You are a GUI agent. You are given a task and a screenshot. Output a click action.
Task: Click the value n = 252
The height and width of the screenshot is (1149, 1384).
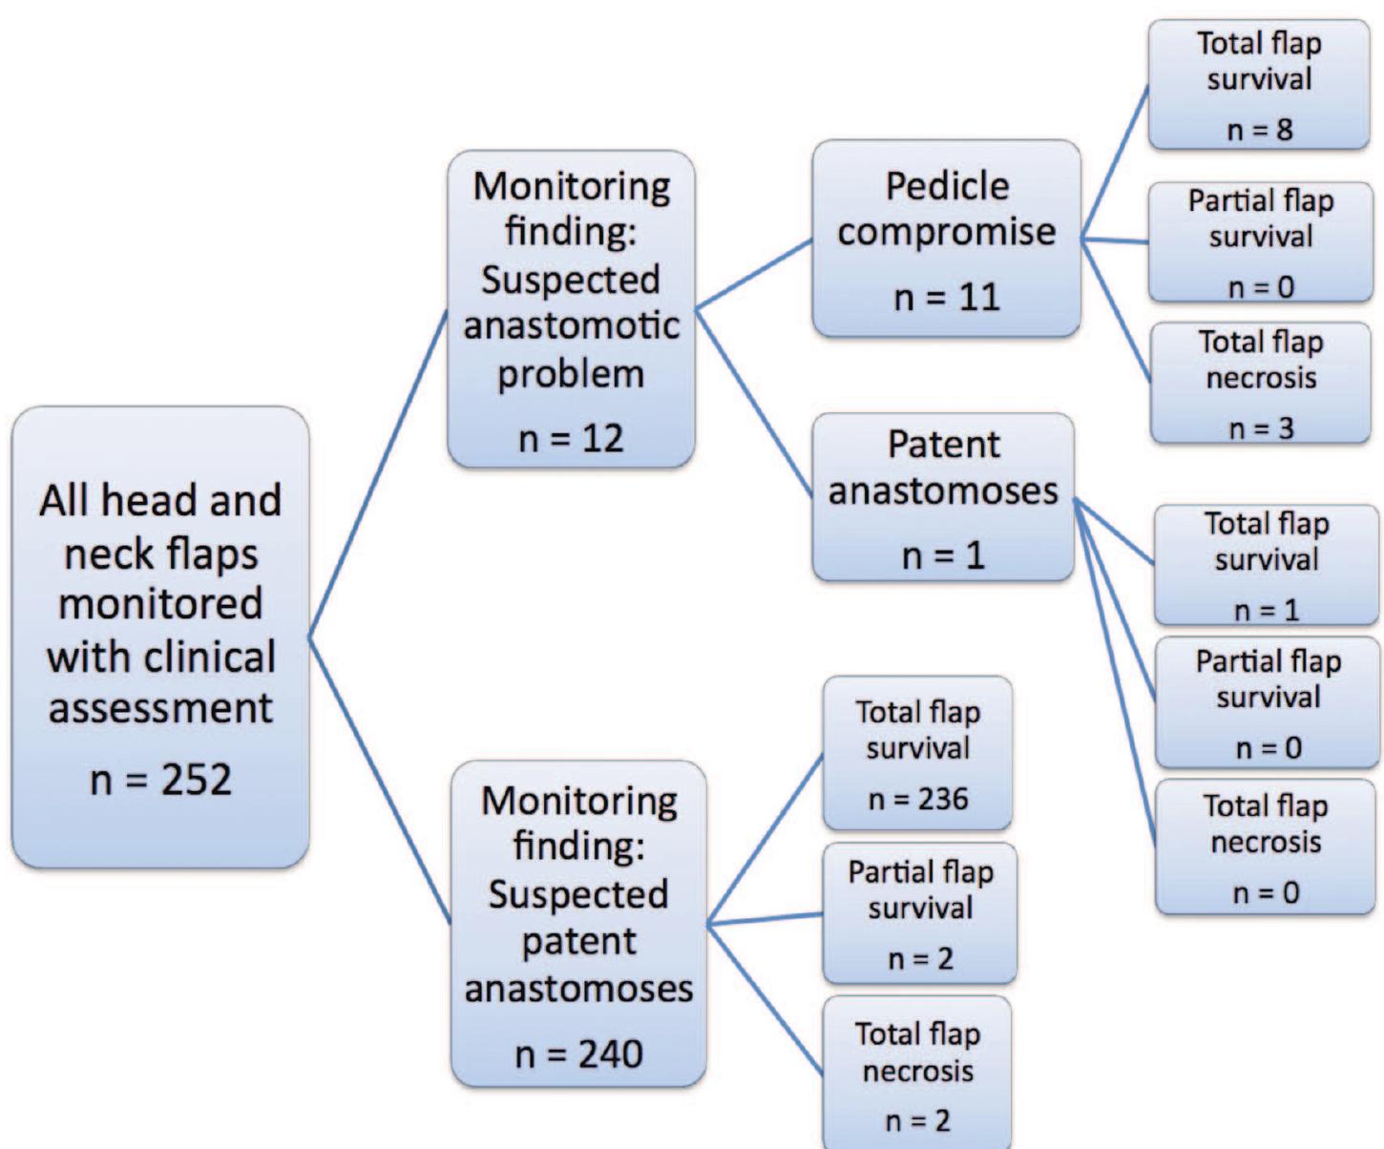tap(160, 780)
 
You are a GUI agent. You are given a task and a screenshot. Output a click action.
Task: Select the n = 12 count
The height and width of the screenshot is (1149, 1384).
tap(570, 438)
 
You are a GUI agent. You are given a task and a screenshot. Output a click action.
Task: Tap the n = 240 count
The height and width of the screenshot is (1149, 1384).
tap(577, 1054)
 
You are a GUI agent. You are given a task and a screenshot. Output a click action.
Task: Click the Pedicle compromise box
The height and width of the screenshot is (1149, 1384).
tap(946, 239)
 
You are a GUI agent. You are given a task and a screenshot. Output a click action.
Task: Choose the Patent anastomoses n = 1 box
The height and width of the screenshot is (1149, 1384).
tap(943, 497)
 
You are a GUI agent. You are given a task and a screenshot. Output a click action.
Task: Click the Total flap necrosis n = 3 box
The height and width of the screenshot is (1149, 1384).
tap(1260, 383)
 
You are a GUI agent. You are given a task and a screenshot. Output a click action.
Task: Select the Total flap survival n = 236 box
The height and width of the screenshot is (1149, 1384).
tap(917, 753)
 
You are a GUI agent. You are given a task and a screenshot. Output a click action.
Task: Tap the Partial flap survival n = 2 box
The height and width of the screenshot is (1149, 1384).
tap(919, 913)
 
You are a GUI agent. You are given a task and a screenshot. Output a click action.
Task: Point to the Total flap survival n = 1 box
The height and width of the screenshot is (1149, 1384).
tap(1266, 565)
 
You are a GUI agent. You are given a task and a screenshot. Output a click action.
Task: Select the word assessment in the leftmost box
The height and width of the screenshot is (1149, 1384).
tap(160, 708)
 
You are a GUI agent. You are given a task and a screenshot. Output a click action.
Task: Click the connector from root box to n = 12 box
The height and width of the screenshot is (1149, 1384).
tap(379, 473)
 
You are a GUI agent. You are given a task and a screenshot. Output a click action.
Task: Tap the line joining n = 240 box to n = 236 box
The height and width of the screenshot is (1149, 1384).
tap(765, 840)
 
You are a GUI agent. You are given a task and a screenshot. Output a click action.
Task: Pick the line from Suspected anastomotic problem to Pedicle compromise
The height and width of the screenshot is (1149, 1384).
tap(754, 274)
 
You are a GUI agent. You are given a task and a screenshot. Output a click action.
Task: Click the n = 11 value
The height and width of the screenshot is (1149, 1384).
tap(946, 297)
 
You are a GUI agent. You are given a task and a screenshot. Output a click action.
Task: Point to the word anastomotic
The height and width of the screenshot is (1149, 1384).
tap(571, 325)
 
